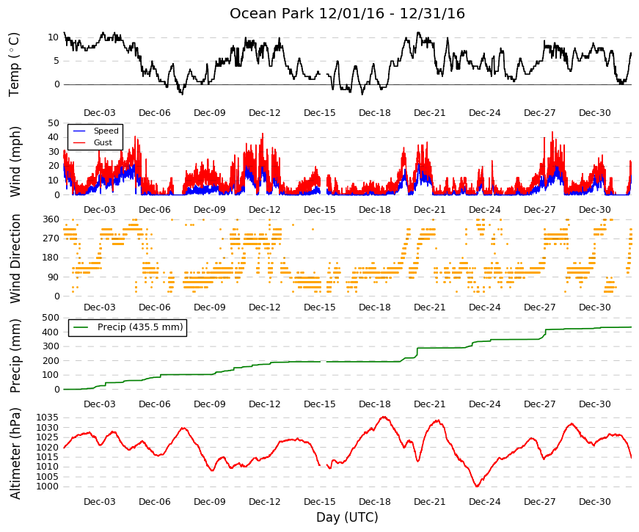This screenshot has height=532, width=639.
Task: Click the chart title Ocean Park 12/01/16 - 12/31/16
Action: [347, 13]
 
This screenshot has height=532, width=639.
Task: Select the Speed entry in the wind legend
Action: [106, 131]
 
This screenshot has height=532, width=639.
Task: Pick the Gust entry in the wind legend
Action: [103, 142]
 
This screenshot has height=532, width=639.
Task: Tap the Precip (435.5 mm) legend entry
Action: [140, 327]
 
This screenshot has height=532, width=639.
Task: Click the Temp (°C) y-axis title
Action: [14, 65]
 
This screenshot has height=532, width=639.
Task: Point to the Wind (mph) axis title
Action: [15, 162]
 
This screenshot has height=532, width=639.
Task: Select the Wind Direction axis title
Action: [15, 259]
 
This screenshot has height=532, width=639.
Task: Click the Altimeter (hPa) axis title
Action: [15, 453]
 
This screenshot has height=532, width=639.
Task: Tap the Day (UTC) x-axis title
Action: [347, 517]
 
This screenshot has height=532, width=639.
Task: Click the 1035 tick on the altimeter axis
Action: [47, 418]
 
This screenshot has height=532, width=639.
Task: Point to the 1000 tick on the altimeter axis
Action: [47, 487]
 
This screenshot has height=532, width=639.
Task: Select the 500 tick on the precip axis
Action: [51, 318]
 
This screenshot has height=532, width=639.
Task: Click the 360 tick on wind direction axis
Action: [51, 219]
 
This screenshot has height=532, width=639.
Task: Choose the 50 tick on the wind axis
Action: [54, 123]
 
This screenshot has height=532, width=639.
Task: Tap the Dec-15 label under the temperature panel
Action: [320, 113]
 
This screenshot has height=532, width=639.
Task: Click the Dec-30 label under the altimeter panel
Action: [594, 502]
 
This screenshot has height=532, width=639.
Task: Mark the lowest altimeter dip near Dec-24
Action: [477, 486]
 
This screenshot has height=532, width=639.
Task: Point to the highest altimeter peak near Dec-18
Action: [384, 417]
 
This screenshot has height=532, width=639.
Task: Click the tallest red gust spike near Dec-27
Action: [552, 132]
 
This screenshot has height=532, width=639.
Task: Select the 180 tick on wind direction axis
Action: [51, 258]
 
